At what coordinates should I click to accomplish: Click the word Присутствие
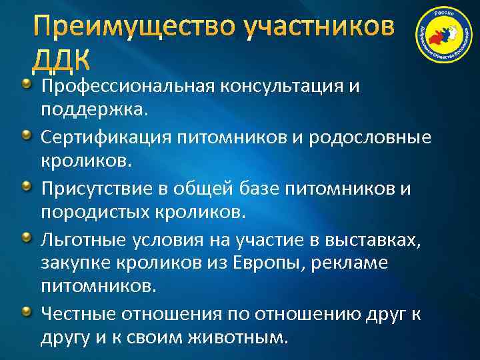(97, 189)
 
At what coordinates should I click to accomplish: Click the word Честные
(81, 313)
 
